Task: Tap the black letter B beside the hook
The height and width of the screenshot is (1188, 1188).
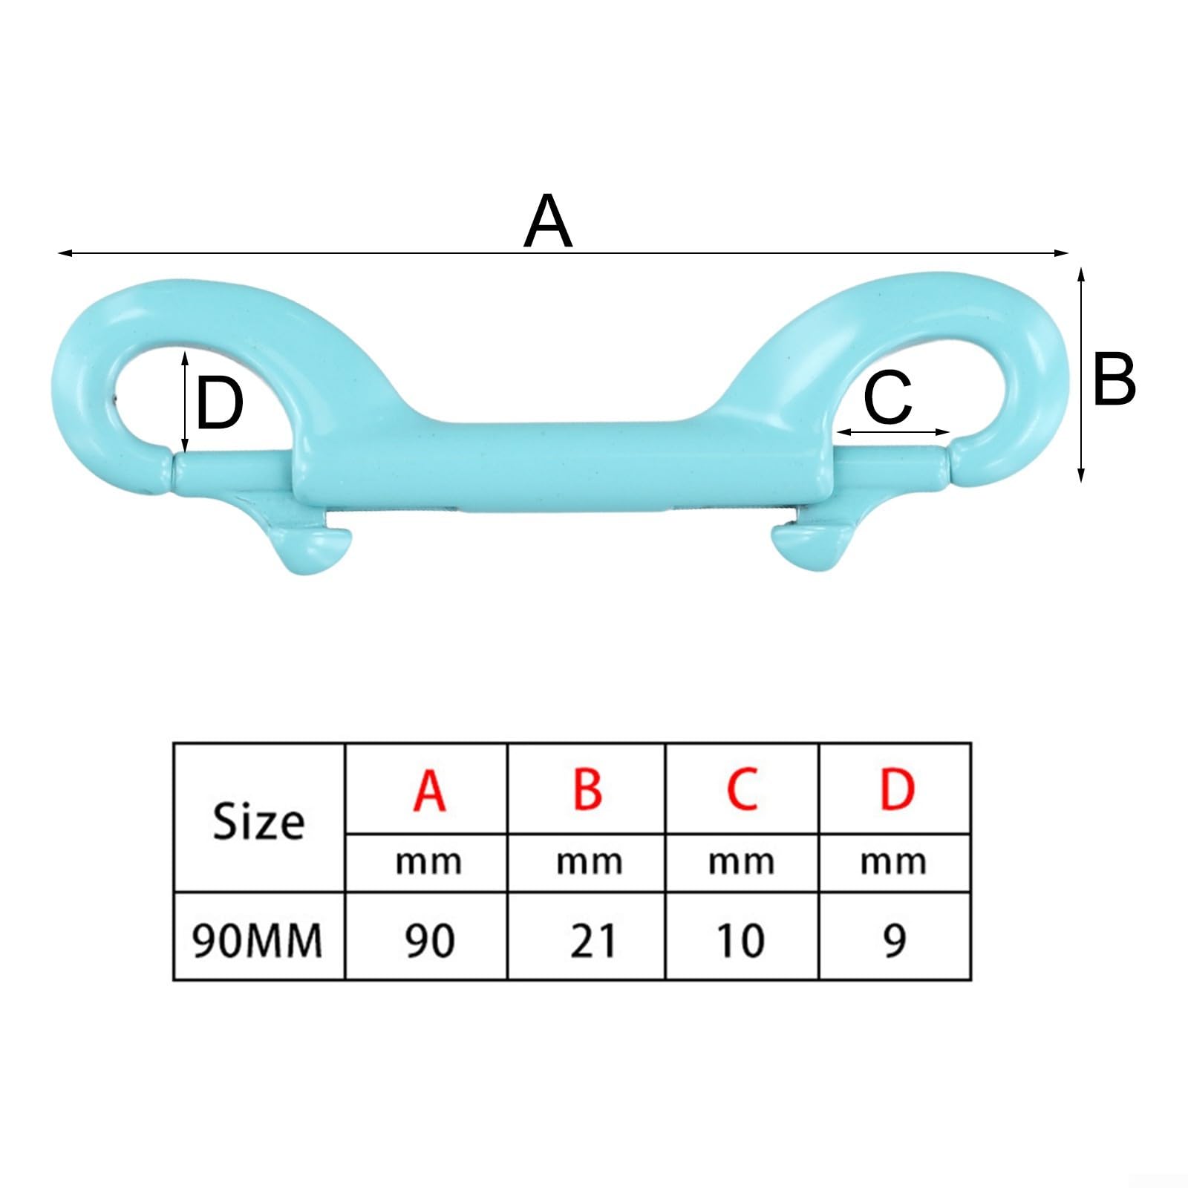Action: (x=1114, y=379)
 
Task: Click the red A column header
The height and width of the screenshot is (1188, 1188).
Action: (x=429, y=790)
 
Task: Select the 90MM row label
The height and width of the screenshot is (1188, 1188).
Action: (x=258, y=941)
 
